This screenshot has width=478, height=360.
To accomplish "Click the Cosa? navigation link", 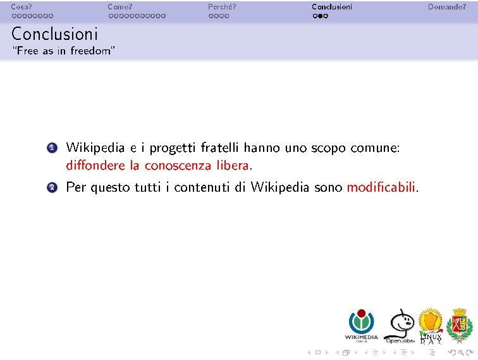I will [x=21, y=7].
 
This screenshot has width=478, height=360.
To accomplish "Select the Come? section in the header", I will [x=120, y=7].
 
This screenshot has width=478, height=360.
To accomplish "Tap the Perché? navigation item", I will [x=221, y=7].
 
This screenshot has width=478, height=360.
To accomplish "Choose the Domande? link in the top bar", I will [x=446, y=7].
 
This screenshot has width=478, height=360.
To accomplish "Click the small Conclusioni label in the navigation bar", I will [x=331, y=7].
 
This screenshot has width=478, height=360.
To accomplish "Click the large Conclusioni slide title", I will [x=54, y=33].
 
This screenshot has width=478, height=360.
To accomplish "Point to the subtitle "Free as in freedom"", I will [x=63, y=51].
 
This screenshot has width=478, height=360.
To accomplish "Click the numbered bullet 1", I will [x=52, y=149].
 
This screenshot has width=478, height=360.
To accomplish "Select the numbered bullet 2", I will [x=52, y=188].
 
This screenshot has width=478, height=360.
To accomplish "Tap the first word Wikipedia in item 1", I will [x=95, y=149].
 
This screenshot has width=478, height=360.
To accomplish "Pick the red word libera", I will [x=230, y=166].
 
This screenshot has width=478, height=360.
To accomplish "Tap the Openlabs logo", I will [x=399, y=326].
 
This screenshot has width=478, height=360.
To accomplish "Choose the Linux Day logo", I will [x=431, y=325].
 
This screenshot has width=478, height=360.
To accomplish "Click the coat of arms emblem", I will [x=460, y=325].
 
